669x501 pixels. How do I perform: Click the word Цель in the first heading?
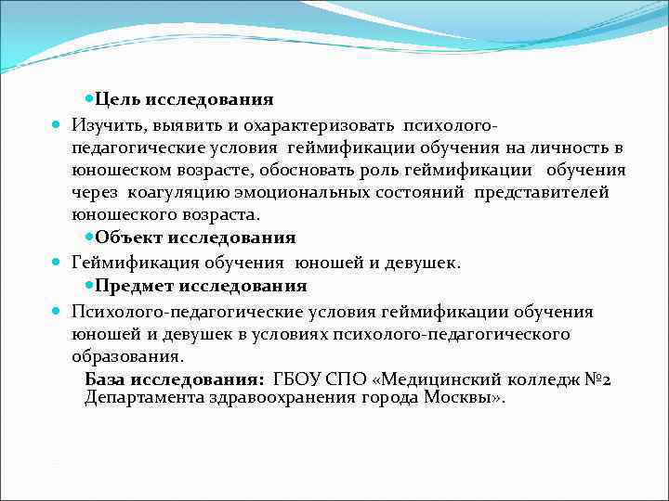116,99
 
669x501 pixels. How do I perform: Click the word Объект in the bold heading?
128,238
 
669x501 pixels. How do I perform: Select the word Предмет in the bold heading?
136,286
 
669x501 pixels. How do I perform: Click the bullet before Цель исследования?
88,98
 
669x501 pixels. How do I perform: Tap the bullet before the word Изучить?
58,124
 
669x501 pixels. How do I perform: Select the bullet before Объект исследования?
88,238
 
